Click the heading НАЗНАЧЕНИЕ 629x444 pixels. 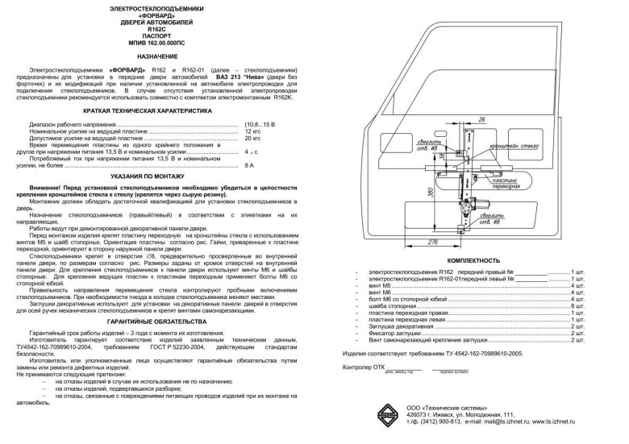click(157, 56)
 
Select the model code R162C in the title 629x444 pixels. click(157, 28)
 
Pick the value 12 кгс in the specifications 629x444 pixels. click(252, 130)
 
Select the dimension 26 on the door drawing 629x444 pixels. click(481, 119)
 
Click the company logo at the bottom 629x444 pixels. click(389, 418)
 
